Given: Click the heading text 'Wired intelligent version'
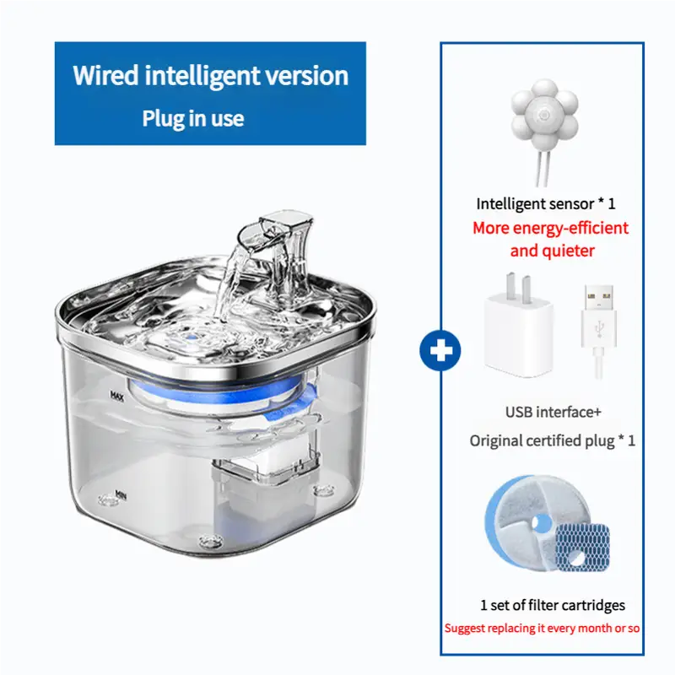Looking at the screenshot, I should click(210, 75).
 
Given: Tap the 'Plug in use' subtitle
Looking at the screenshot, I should click(193, 118).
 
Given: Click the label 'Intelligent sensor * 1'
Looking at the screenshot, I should click(546, 203).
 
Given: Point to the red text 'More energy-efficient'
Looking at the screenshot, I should click(550, 228).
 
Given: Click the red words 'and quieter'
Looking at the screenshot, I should click(552, 251).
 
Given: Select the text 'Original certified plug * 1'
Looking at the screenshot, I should click(552, 440).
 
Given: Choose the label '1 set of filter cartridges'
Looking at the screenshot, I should click(552, 604).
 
